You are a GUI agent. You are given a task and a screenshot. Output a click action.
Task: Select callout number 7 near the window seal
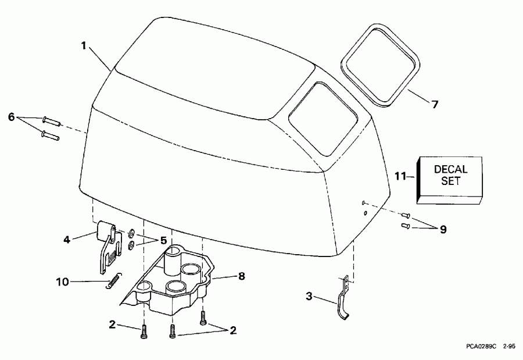pos(435,105)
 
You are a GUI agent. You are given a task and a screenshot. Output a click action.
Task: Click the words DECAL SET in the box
pos(450,174)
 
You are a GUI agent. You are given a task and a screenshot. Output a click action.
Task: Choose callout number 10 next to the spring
pos(62,282)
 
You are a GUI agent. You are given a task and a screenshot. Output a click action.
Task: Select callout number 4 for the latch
pos(67,238)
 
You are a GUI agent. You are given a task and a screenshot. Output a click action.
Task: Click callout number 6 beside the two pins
pos(11,116)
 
